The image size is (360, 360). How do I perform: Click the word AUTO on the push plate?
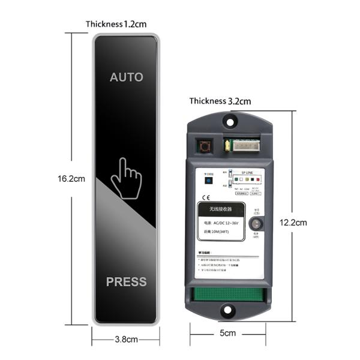[127, 77]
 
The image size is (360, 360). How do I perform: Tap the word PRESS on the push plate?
[126, 282]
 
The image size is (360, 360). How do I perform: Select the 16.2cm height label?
[71, 178]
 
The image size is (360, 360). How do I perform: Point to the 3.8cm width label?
[126, 339]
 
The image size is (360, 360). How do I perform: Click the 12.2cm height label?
[293, 223]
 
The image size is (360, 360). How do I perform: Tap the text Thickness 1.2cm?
[116, 25]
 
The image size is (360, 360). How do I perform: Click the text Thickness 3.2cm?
[220, 101]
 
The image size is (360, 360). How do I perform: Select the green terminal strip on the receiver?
[228, 294]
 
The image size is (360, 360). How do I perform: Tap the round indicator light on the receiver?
[255, 223]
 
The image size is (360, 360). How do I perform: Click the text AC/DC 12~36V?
[222, 224]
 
